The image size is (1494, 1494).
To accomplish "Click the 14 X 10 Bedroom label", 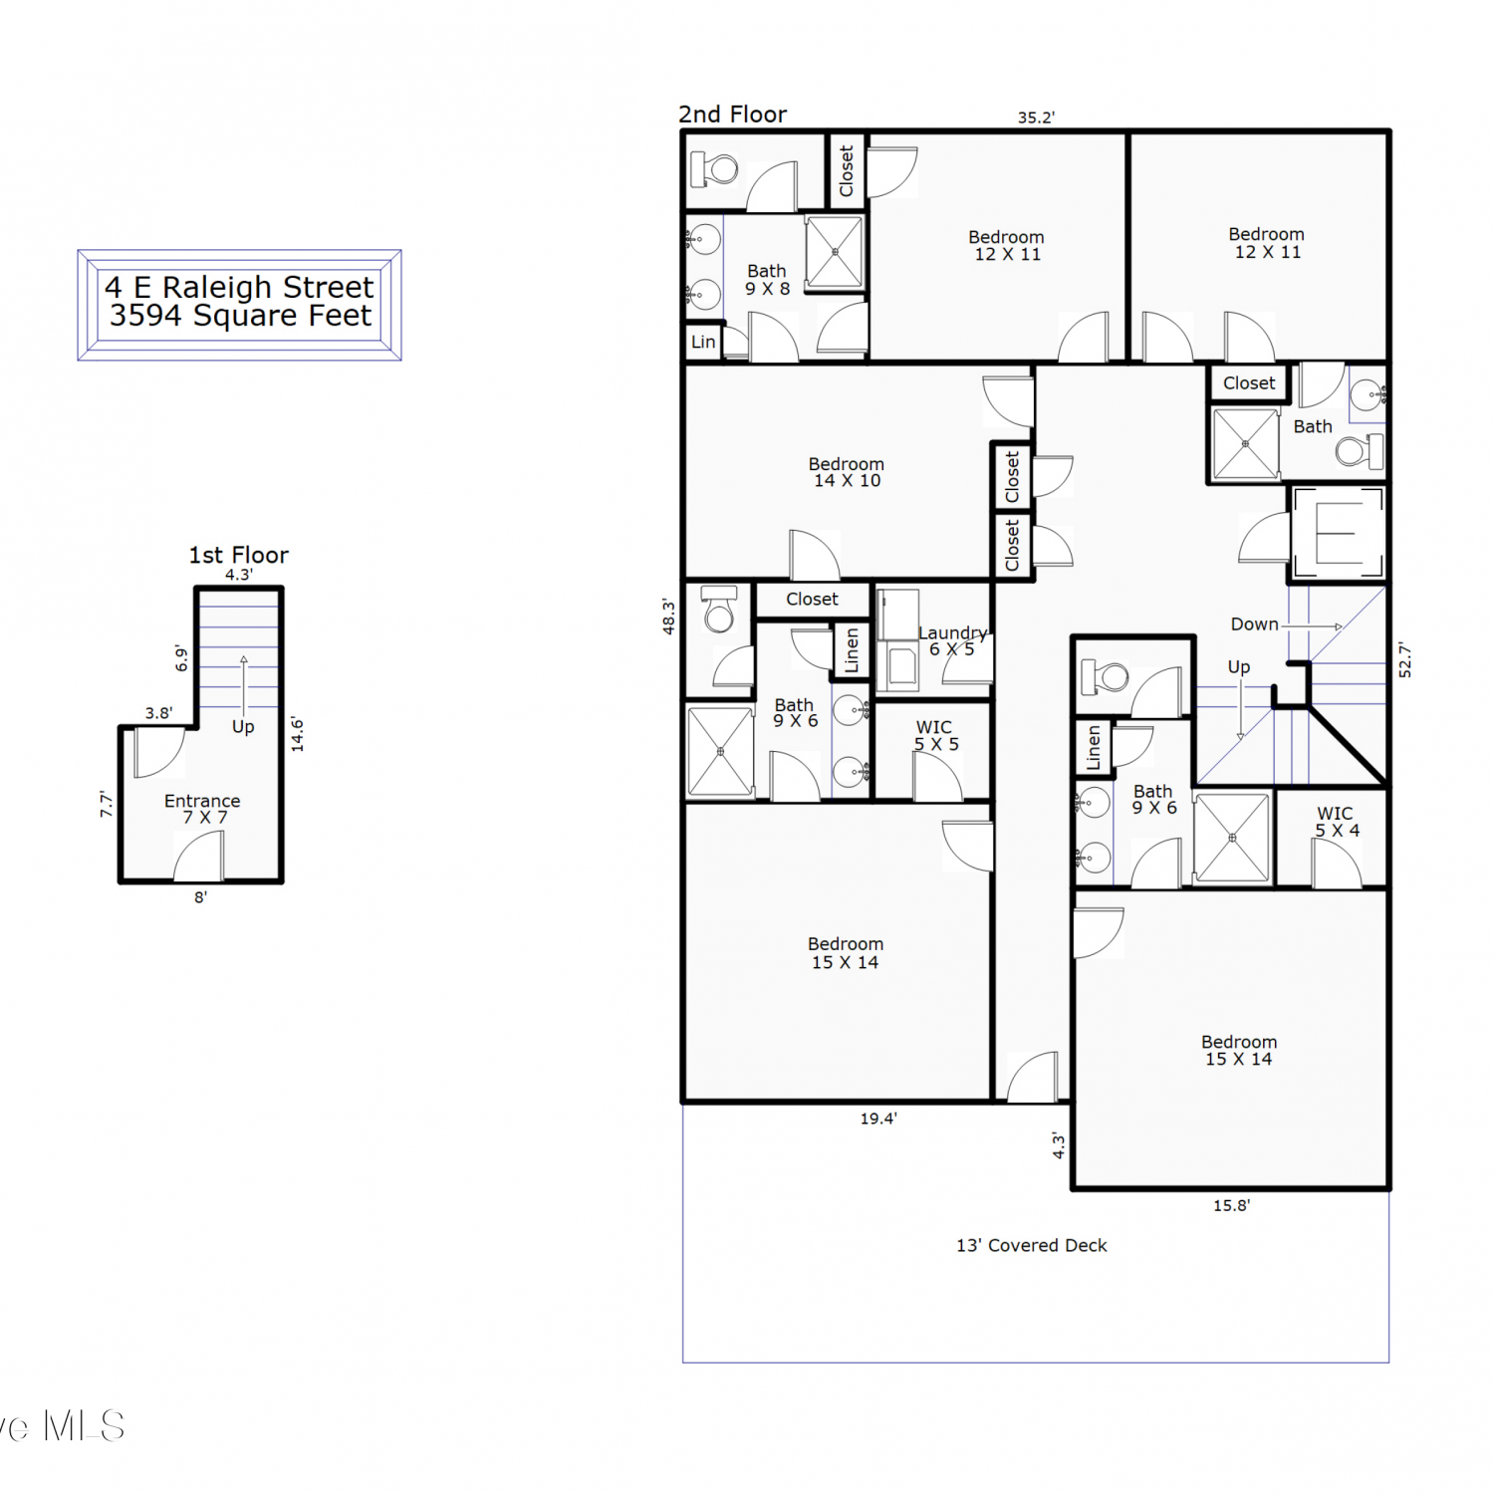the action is pyautogui.click(x=846, y=472).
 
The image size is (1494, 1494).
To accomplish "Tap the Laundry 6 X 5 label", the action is pyautogui.click(x=952, y=640).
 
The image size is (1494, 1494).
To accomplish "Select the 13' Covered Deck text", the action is pyautogui.click(x=1032, y=1245).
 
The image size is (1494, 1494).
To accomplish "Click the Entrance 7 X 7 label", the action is pyautogui.click(x=202, y=809).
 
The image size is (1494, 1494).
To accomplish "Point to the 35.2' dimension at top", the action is pyautogui.click(x=1036, y=118).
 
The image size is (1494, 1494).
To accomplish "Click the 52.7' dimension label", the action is pyautogui.click(x=1404, y=660).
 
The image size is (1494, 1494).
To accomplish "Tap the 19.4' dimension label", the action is pyautogui.click(x=878, y=1119).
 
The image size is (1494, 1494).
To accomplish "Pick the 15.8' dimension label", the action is pyautogui.click(x=1231, y=1205).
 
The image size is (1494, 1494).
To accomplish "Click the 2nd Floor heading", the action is pyautogui.click(x=733, y=115).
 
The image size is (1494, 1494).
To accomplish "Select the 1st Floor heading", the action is pyautogui.click(x=239, y=555).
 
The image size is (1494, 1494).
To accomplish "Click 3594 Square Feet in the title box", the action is pyautogui.click(x=240, y=316).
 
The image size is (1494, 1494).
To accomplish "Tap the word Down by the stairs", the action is pyautogui.click(x=1254, y=624).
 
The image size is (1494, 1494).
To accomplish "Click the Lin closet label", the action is pyautogui.click(x=703, y=342).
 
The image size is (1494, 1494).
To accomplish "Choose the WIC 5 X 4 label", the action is pyautogui.click(x=1336, y=822).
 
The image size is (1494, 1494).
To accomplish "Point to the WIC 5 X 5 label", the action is pyautogui.click(x=935, y=736).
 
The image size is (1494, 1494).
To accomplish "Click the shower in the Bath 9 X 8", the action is pyautogui.click(x=835, y=252).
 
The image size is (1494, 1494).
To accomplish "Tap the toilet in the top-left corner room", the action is pyautogui.click(x=714, y=169).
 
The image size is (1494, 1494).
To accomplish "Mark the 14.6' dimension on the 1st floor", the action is pyautogui.click(x=297, y=734).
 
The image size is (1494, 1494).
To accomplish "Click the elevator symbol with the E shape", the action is pyautogui.click(x=1338, y=534).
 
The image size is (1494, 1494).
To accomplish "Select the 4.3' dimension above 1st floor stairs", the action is pyautogui.click(x=239, y=575).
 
